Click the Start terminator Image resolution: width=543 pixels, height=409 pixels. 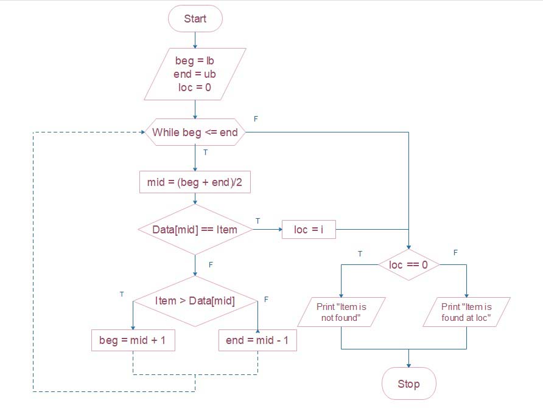[x=195, y=19]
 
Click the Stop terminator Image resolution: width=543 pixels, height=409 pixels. [x=408, y=384]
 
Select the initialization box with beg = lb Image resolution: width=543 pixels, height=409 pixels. [x=195, y=74]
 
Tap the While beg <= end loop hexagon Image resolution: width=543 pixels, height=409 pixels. [x=195, y=132]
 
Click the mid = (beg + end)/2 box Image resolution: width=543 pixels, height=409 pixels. [x=195, y=182]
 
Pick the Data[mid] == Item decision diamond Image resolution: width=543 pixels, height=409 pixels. [x=195, y=230]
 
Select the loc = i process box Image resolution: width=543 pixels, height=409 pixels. [x=309, y=230]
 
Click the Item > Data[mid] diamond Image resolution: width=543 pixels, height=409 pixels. [x=195, y=301]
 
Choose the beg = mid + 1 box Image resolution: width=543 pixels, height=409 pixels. [x=133, y=340]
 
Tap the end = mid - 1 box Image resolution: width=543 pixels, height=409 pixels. [x=257, y=340]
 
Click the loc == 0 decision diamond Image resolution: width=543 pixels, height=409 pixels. [x=408, y=265]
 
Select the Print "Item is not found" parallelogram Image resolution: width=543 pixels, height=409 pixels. [x=341, y=312]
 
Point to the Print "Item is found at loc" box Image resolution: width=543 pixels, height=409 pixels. [x=466, y=312]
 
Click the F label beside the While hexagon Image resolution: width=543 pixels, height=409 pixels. [x=256, y=119]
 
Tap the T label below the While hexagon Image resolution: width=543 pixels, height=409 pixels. [x=205, y=153]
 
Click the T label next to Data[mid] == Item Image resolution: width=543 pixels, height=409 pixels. [x=257, y=221]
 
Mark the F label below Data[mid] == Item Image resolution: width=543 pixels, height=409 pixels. [x=211, y=265]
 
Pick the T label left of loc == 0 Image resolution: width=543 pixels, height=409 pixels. [x=360, y=253]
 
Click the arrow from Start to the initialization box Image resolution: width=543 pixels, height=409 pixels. [x=195, y=40]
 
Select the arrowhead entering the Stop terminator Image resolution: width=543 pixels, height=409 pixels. [x=408, y=365]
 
